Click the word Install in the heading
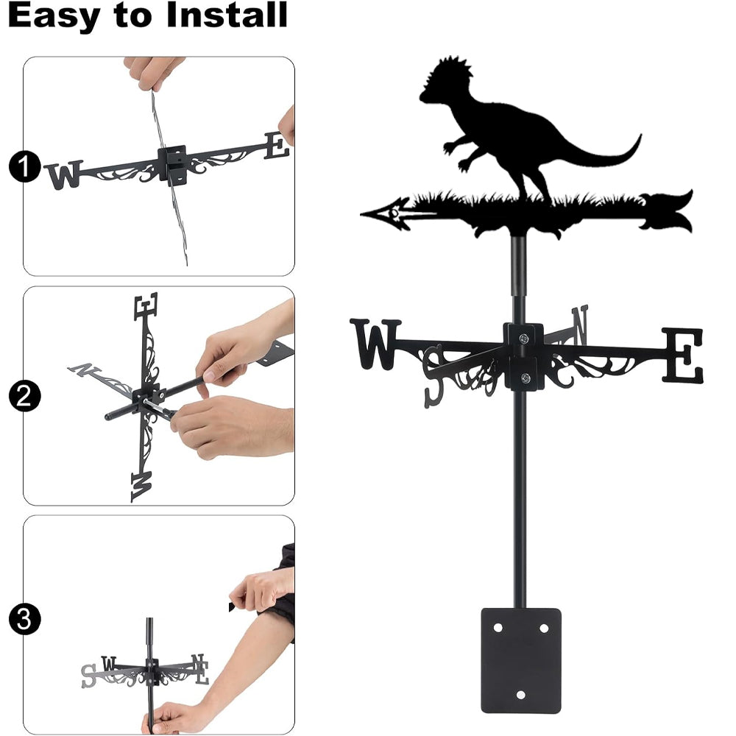[x=227, y=15]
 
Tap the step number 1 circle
[x=24, y=166]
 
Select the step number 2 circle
[x=24, y=396]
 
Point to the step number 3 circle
[x=24, y=619]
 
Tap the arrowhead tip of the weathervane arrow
[x=361, y=214]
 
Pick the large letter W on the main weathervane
[x=375, y=344]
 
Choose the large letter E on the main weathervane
[x=683, y=355]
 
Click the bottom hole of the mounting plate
[x=520, y=695]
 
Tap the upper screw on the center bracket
[x=523, y=338]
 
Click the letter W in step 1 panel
[x=64, y=174]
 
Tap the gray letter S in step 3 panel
[x=88, y=676]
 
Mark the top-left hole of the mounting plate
[x=498, y=628]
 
